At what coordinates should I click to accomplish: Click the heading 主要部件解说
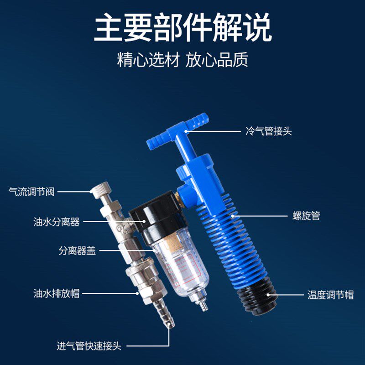tap(182, 28)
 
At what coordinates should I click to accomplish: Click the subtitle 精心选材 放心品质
tap(182, 60)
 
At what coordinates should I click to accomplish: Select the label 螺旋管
tap(306, 215)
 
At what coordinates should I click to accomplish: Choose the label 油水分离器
tap(57, 222)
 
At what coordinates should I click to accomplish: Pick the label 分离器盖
tap(77, 250)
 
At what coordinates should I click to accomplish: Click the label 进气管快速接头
tap(89, 346)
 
